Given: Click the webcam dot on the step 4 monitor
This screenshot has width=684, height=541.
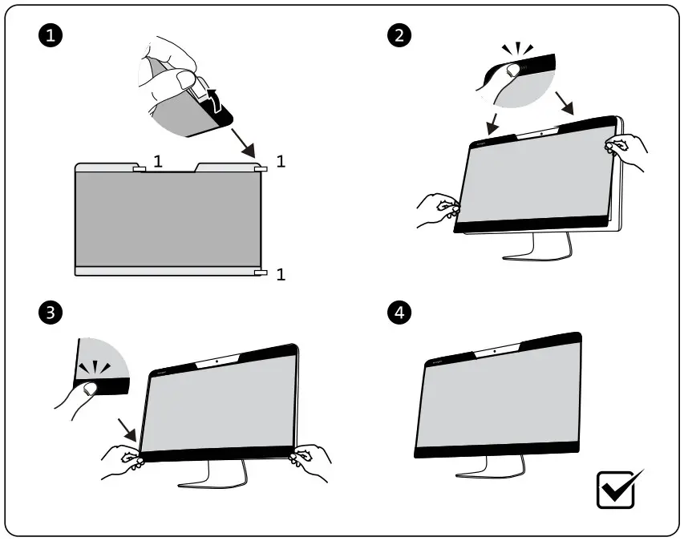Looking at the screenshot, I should [494, 351].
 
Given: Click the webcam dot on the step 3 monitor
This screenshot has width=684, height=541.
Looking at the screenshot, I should [218, 361].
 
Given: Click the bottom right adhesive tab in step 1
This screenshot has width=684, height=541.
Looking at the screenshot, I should [260, 274].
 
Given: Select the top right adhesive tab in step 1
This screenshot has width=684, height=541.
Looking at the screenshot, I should [260, 169].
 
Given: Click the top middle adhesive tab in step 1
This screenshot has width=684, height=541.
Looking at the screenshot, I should [138, 169].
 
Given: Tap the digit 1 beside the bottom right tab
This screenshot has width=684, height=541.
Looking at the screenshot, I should [281, 275].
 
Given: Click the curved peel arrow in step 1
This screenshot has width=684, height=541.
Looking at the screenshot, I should [214, 100].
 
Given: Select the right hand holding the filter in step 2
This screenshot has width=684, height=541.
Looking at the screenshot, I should [627, 150].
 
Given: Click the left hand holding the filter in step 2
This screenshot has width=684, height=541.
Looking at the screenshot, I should [437, 211].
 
